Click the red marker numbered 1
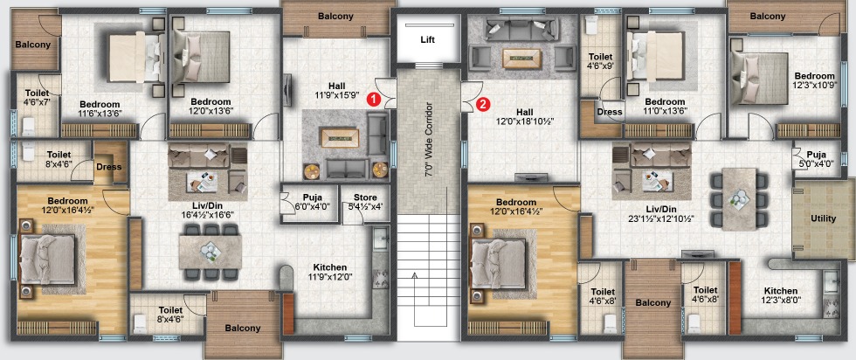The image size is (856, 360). [x=373, y=100]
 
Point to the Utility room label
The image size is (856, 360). [x=823, y=218]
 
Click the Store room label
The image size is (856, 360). [x=365, y=202]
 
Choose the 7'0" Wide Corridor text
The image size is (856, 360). [x=429, y=139]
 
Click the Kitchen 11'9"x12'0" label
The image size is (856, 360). [x=330, y=272]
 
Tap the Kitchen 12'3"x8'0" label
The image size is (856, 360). [x=781, y=295]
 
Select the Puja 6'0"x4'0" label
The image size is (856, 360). [x=312, y=202]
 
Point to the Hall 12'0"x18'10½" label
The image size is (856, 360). [x=524, y=117]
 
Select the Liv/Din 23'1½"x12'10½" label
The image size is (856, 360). [x=660, y=214]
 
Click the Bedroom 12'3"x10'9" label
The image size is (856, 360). [x=814, y=80]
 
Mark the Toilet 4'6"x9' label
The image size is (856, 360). [x=601, y=61]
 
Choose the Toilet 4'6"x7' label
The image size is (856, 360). [x=37, y=98]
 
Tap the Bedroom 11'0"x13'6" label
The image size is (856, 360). [x=665, y=106]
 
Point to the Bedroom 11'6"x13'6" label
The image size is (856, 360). [x=100, y=108]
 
